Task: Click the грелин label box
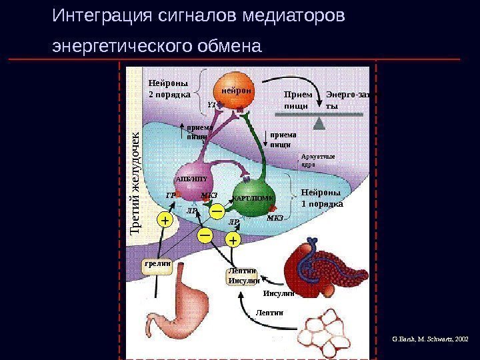(157, 264)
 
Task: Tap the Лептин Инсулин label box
(243, 276)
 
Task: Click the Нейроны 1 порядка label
(321, 198)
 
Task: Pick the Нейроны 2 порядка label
(169, 89)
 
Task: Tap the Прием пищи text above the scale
(297, 99)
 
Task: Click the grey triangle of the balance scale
(319, 123)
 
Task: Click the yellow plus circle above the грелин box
(165, 219)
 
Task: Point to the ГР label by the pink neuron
(170, 195)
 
